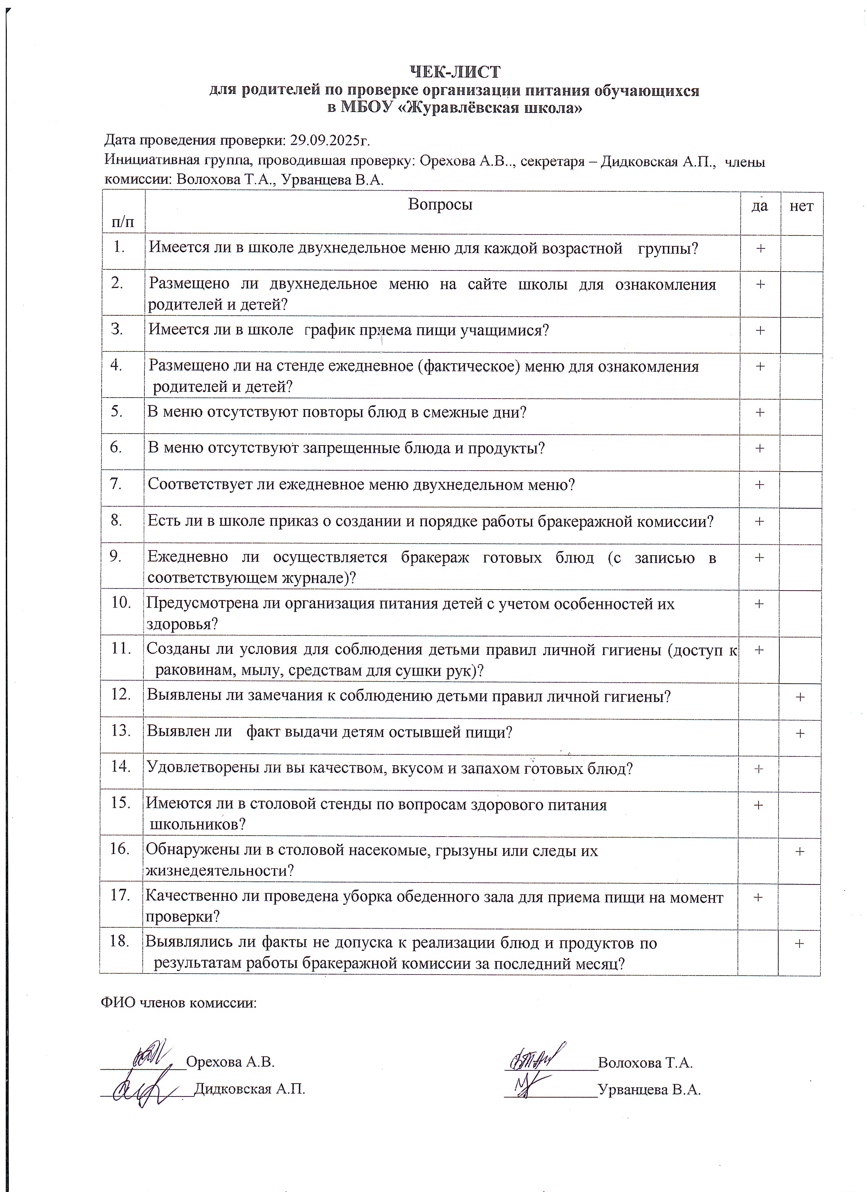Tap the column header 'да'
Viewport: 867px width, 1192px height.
pos(759,206)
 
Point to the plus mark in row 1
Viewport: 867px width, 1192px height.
pos(760,248)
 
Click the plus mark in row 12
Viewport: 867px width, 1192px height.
pos(800,697)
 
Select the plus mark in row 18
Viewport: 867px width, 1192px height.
pos(799,943)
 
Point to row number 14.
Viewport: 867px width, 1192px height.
pos(120,766)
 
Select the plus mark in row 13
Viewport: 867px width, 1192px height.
pos(800,733)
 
